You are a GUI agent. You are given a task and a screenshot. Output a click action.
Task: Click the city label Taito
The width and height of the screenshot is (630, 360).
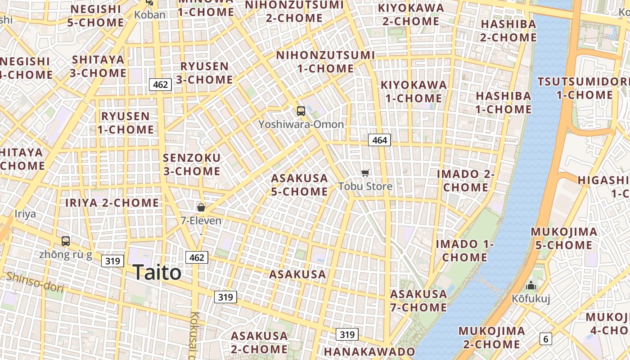point(157,273)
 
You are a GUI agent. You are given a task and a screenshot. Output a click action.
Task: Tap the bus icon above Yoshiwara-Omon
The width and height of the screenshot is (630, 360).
point(301,111)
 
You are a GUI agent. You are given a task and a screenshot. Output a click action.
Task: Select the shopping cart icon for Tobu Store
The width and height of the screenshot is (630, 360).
point(365,173)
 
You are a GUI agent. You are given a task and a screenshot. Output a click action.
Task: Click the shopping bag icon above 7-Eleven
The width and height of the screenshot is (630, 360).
point(201,207)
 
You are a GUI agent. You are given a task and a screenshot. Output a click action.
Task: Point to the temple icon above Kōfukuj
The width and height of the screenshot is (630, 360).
point(531,286)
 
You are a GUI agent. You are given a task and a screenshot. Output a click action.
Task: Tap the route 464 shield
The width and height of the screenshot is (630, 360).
point(379,140)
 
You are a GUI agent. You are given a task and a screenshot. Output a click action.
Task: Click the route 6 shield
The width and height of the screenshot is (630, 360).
point(546,339)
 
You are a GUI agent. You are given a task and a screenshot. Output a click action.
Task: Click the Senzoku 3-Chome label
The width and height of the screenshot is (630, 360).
point(192,165)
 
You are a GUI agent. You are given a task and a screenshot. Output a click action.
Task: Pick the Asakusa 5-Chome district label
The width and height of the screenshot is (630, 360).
point(299,185)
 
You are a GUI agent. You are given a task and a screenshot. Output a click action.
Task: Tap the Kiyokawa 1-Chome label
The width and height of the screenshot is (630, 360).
point(414,91)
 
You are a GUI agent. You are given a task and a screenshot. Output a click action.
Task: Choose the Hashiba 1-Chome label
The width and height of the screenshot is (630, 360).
point(504,103)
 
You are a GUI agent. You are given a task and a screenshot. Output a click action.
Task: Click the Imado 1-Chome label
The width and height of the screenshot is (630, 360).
point(465,251)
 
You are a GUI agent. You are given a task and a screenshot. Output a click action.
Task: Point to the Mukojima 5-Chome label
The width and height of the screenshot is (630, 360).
point(564,238)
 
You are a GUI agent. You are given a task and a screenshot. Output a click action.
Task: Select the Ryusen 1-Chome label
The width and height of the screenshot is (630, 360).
point(126,123)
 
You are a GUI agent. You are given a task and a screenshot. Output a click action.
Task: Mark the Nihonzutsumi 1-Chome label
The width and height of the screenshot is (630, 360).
point(325,62)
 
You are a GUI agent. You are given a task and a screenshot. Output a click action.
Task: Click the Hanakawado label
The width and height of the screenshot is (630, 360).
point(369,351)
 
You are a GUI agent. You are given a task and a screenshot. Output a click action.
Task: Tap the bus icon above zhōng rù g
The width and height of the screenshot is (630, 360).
point(66,241)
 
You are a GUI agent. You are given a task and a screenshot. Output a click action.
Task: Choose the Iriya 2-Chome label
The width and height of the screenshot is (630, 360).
point(112,203)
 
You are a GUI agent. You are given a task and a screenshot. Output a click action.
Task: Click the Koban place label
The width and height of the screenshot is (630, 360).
point(150,14)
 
